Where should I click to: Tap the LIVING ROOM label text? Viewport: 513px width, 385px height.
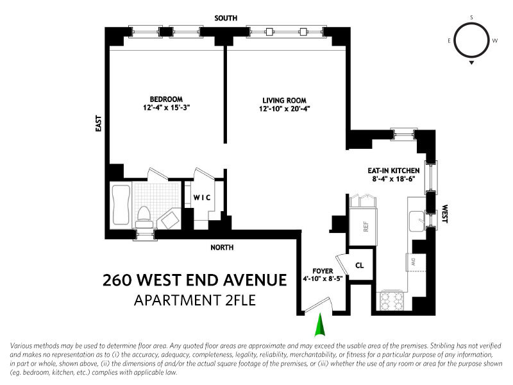tap(284, 100)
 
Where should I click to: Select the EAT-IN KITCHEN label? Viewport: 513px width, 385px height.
tap(392, 170)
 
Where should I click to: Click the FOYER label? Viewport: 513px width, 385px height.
tap(321, 271)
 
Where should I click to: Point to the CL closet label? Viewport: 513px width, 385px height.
tap(360, 264)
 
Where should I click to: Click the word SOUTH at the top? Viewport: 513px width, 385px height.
tap(226, 19)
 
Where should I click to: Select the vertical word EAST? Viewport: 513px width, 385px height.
tap(99, 123)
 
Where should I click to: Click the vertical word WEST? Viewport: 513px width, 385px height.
tap(444, 214)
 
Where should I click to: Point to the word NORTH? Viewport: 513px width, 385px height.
tap(223, 247)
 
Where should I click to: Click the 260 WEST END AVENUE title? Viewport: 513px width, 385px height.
tap(195, 280)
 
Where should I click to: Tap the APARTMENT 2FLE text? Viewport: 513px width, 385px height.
tap(195, 300)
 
